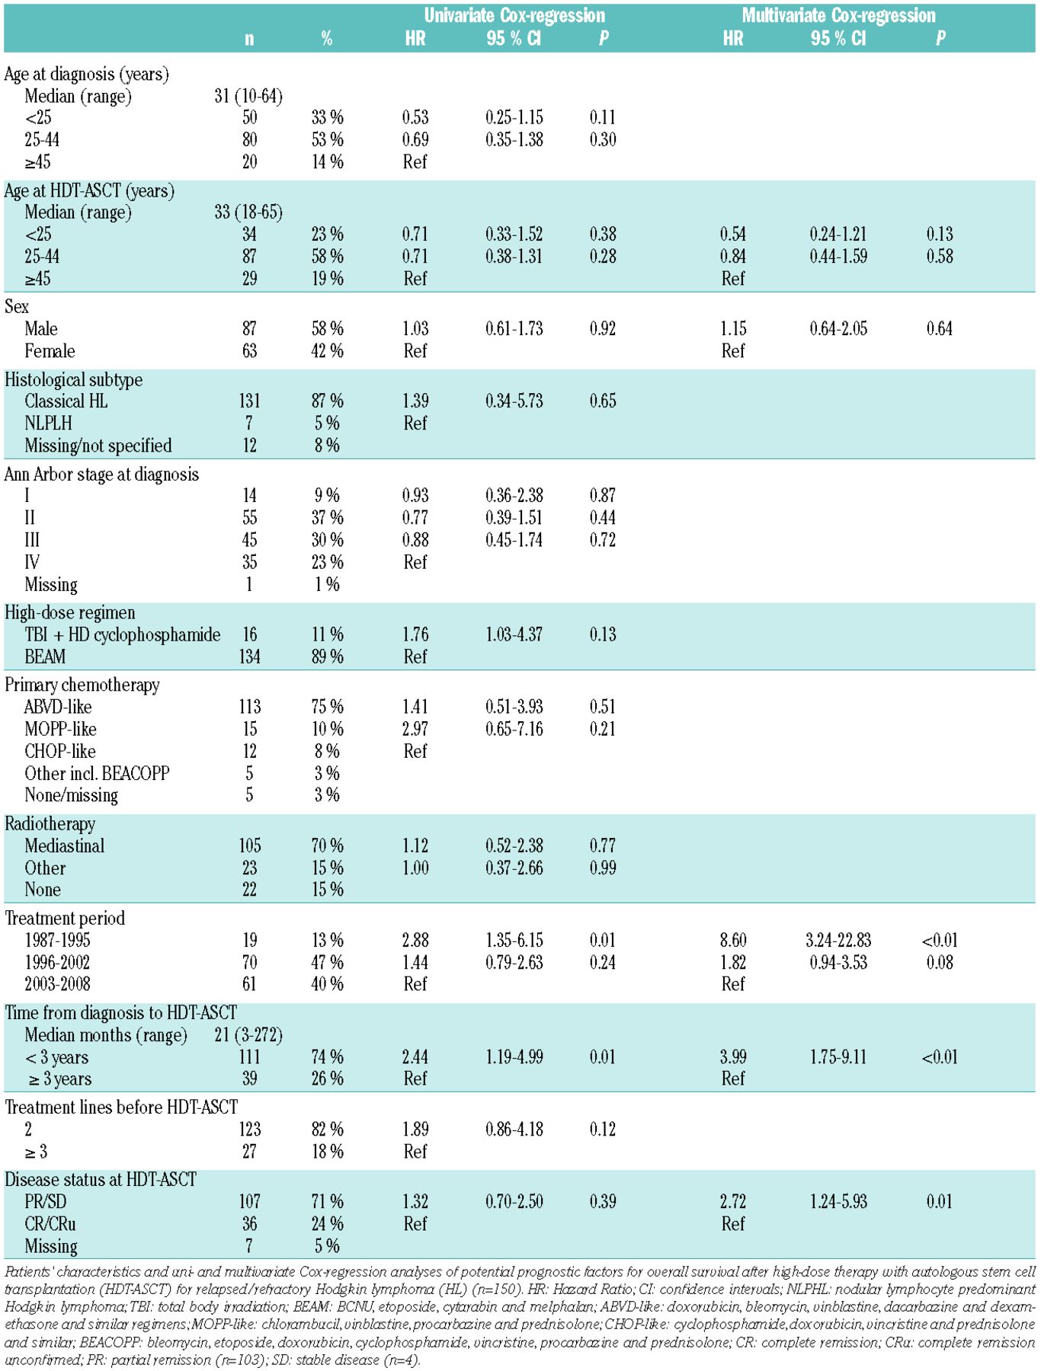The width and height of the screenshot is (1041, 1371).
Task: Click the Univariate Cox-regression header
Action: point(514,15)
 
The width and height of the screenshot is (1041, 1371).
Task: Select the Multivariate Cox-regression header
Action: point(838,15)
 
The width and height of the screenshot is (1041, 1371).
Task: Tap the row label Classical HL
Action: point(66,401)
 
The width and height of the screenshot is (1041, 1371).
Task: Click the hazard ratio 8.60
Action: point(733,940)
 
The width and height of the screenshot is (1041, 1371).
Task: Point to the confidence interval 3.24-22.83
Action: point(838,940)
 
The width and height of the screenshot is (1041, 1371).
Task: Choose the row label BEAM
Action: point(45,657)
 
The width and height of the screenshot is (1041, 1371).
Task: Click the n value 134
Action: point(249,657)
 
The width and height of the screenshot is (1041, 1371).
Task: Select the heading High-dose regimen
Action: point(70,613)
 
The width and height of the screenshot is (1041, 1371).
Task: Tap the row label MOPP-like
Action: point(60,729)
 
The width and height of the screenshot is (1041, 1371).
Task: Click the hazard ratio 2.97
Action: point(415,729)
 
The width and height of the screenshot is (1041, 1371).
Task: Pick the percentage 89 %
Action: point(327,657)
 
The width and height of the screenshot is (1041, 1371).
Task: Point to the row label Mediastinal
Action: point(65,845)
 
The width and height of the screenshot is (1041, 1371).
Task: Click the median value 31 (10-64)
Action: point(248,96)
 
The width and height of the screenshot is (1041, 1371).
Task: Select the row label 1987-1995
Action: point(57,940)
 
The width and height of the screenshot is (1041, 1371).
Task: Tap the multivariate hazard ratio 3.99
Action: point(733,1056)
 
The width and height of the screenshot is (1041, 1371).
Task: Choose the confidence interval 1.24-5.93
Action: point(838,1202)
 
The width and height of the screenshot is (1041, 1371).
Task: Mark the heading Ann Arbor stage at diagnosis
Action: point(101,475)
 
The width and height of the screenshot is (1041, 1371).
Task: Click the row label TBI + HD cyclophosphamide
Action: point(123,634)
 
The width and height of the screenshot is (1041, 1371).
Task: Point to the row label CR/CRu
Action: point(50,1224)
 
